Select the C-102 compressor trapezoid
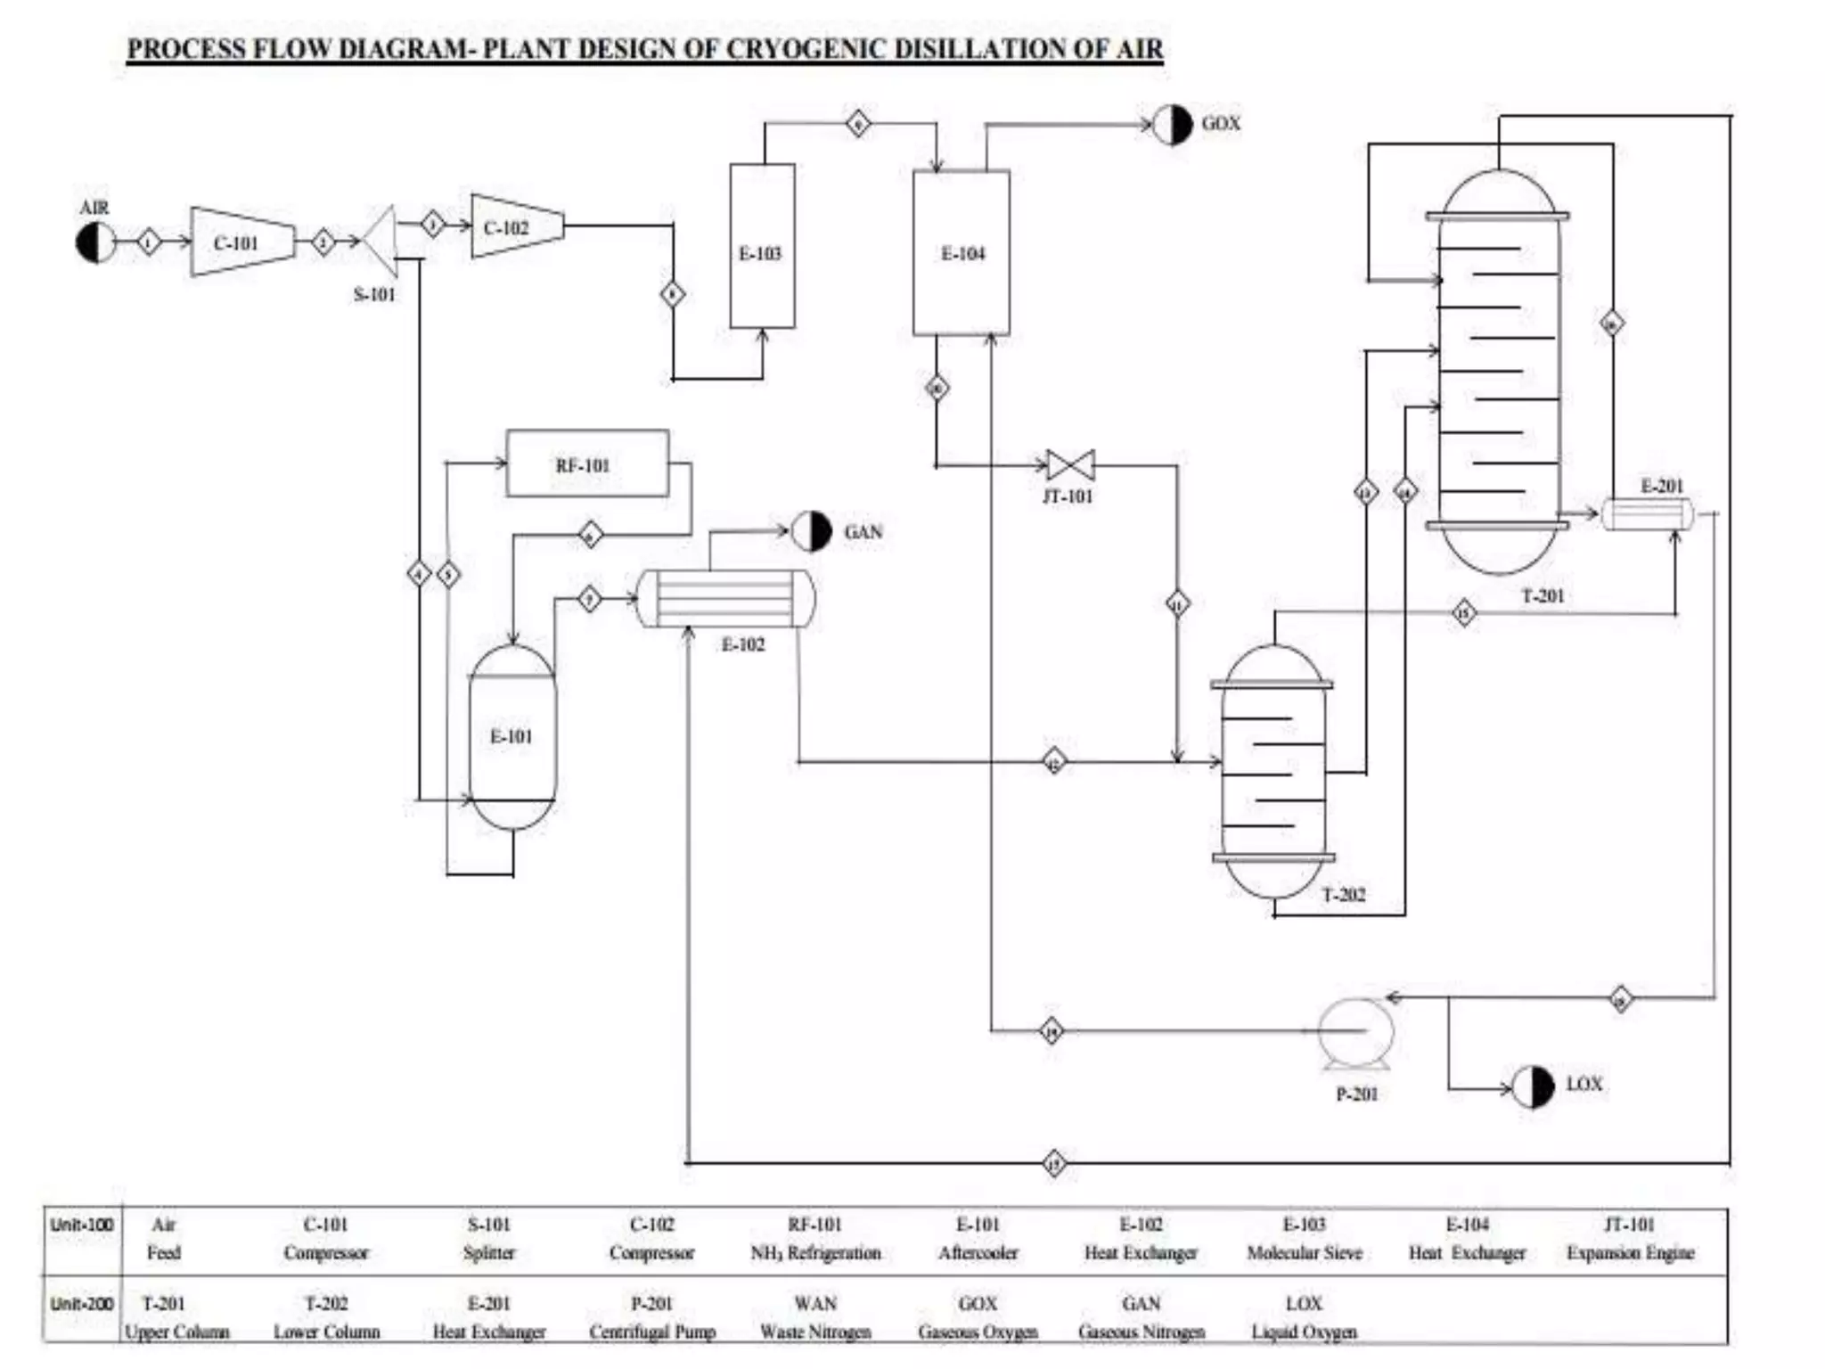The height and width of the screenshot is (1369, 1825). pyautogui.click(x=516, y=226)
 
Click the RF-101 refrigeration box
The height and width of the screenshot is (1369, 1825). pyautogui.click(x=586, y=463)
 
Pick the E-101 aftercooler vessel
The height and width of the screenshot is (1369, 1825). pyautogui.click(x=511, y=736)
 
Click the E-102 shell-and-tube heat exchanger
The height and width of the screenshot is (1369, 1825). pyautogui.click(x=725, y=598)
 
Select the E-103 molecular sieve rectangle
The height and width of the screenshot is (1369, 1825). pyautogui.click(x=762, y=246)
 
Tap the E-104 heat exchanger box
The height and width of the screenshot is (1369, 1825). pyautogui.click(x=961, y=253)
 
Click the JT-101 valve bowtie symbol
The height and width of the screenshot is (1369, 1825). pyautogui.click(x=1070, y=464)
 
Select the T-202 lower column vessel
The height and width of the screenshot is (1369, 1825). pyautogui.click(x=1273, y=772)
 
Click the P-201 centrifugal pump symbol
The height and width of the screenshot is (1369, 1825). pyautogui.click(x=1354, y=1032)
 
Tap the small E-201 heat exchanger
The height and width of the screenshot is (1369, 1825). pyautogui.click(x=1647, y=514)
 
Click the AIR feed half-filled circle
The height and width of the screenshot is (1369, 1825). pyautogui.click(x=95, y=242)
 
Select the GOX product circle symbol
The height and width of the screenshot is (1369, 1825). pyautogui.click(x=1172, y=125)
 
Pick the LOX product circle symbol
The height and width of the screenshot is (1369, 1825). pyautogui.click(x=1533, y=1086)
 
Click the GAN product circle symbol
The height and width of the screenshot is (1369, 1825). pyautogui.click(x=811, y=531)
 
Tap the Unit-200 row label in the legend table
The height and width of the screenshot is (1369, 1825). pyautogui.click(x=82, y=1303)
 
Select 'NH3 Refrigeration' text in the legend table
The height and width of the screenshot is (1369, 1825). pyautogui.click(x=814, y=1252)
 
